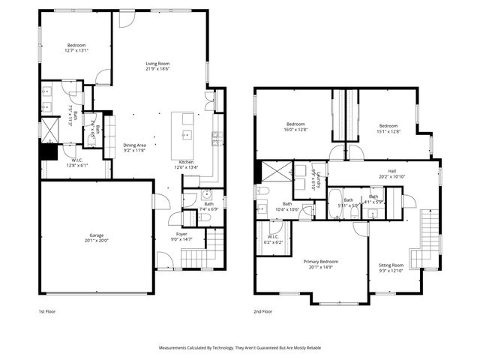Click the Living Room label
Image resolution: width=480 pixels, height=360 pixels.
pos(157,64)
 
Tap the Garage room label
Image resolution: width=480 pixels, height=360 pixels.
pos(95,235)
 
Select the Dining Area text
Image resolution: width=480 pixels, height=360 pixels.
pos(135,145)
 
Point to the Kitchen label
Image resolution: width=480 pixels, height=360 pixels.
pos(186,162)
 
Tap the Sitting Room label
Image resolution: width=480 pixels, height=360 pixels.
pos(391,265)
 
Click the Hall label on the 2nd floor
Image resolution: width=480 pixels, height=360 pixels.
pos(391,170)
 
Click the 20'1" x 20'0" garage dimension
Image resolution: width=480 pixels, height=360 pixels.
pos(95,241)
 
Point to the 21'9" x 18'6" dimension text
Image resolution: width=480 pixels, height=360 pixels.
pos(157,69)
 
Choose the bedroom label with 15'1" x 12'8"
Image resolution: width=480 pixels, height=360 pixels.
pos(388,125)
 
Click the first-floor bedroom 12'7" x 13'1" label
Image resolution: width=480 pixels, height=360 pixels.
pos(76,46)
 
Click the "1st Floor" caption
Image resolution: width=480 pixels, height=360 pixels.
pos(47,310)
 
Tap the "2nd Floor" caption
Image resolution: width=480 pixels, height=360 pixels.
pos(262,310)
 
